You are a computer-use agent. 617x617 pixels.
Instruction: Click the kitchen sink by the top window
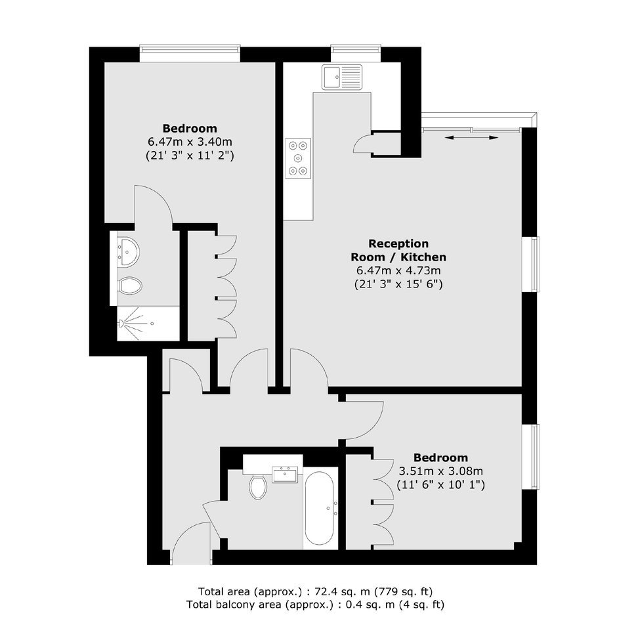click(x=342, y=77)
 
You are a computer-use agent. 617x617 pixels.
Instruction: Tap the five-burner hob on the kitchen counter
click(x=298, y=159)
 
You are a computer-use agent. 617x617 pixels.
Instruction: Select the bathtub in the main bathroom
click(x=320, y=509)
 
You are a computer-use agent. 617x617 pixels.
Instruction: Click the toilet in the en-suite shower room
click(x=130, y=286)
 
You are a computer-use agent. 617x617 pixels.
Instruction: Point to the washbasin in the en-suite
click(x=128, y=252)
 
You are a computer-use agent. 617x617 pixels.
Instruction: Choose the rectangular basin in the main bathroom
click(x=286, y=474)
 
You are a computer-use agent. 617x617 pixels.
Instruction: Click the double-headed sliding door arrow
click(x=472, y=137)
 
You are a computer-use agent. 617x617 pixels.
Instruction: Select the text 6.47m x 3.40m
click(x=190, y=142)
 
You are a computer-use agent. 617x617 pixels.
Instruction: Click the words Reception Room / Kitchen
click(x=398, y=250)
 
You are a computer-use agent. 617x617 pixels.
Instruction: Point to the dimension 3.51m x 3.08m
click(x=440, y=471)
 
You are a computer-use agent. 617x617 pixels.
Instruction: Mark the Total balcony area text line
click(x=315, y=605)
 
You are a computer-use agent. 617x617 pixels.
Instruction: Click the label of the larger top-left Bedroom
click(x=190, y=128)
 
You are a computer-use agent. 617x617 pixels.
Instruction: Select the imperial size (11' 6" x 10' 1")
click(x=440, y=484)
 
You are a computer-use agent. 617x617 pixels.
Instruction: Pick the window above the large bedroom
click(x=190, y=54)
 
